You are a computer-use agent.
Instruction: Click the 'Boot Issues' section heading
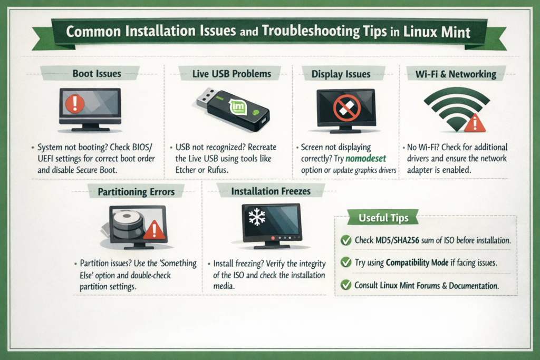pyautogui.click(x=97, y=73)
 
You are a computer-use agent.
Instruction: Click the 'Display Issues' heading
pyautogui.click(x=341, y=74)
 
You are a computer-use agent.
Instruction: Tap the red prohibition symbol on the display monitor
pyautogui.click(x=346, y=107)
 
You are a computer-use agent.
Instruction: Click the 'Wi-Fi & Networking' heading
pyautogui.click(x=457, y=74)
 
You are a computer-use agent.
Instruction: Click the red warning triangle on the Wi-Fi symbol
pyautogui.click(x=475, y=123)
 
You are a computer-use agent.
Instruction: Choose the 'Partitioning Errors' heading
pyautogui.click(x=136, y=191)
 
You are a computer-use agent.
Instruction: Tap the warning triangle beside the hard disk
pyautogui.click(x=154, y=230)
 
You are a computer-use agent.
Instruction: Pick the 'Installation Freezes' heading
pyautogui.click(x=271, y=191)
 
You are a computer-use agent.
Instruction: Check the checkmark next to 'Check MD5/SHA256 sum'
pyautogui.click(x=346, y=240)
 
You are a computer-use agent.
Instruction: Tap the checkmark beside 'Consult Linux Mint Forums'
pyautogui.click(x=346, y=285)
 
